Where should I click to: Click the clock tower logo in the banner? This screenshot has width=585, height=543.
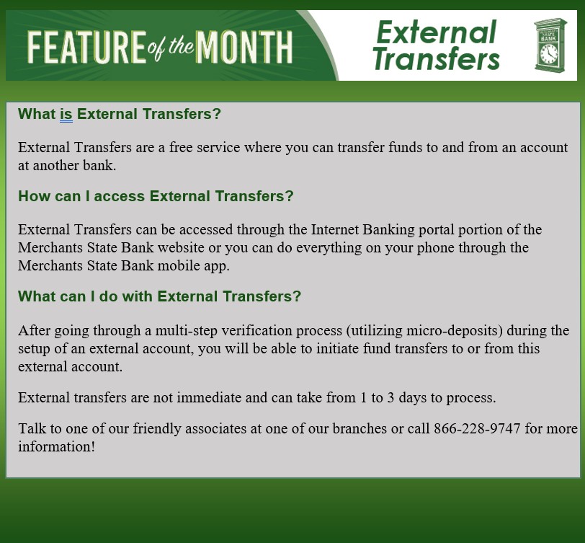pos(550,45)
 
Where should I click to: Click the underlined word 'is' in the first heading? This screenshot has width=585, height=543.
pos(66,114)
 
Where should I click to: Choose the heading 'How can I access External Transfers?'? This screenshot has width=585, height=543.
pos(156,196)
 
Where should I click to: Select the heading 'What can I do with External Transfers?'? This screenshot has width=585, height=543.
pos(159,296)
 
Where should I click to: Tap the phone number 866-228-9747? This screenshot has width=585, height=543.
pos(477,428)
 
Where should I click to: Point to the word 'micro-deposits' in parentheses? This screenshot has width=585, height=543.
pos(455,330)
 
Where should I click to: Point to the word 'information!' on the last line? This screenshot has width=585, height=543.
pos(56,446)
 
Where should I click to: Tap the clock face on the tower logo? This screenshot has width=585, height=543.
pos(549,53)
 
